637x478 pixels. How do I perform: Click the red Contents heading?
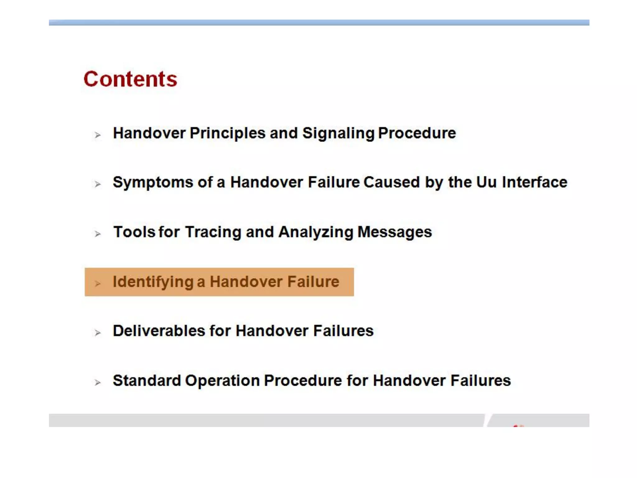[130, 79]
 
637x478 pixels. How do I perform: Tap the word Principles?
[228, 134]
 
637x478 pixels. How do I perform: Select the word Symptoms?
[153, 182]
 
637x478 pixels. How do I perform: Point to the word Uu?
[486, 182]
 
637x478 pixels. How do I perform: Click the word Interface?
[535, 182]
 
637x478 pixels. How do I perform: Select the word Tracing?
[213, 232]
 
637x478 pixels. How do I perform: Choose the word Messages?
[395, 232]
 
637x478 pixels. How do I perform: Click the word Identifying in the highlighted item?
[153, 282]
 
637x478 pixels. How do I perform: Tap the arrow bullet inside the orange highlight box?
[98, 284]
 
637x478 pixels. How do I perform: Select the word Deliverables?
[159, 331]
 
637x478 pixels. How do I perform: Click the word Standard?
[147, 381]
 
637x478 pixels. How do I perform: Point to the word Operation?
[222, 381]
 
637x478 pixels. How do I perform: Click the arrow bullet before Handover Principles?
[98, 135]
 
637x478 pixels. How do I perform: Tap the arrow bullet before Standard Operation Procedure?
[98, 382]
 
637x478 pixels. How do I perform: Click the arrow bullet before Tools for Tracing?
[98, 234]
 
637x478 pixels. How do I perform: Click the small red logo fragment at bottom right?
[518, 425]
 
